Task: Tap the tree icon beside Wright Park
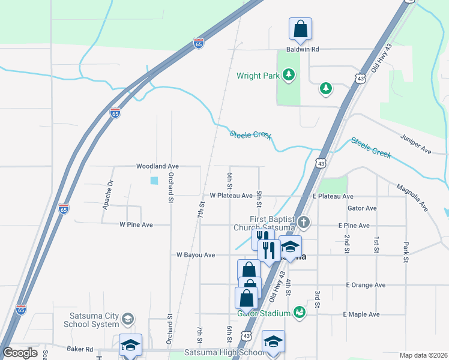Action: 289,75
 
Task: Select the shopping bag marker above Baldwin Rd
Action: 300,29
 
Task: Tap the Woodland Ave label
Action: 158,166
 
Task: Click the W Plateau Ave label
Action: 231,196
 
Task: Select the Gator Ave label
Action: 362,208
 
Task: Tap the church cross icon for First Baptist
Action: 304,223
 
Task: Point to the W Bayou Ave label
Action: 196,255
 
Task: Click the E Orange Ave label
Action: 365,285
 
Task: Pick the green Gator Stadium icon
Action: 299,312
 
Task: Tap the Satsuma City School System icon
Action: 127,318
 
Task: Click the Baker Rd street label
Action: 80,349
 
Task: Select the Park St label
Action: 405,251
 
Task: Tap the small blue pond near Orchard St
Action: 154,180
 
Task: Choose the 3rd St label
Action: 316,300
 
